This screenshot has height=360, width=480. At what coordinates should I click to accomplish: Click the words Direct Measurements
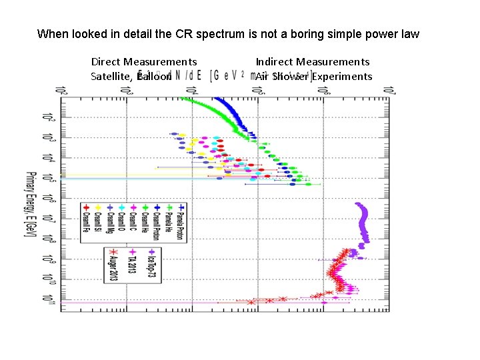(x=144, y=62)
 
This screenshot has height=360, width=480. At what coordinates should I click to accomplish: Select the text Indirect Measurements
(x=313, y=62)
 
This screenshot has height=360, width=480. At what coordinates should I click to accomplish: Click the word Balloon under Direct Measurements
(x=154, y=76)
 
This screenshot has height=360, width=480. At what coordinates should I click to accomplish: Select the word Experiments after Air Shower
(x=343, y=76)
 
